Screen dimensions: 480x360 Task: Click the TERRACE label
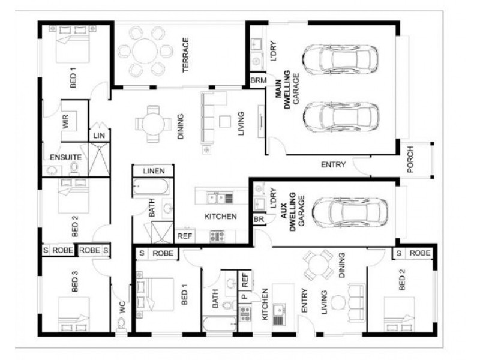[x=185, y=55]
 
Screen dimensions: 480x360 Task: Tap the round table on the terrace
[x=145, y=51]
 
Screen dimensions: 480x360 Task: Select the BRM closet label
[x=259, y=80]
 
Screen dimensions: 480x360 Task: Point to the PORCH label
[x=410, y=159]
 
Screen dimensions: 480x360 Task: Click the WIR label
[x=65, y=121]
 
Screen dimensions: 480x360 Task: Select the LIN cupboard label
[x=99, y=136]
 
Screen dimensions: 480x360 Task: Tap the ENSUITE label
[x=66, y=157]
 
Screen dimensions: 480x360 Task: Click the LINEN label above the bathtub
[x=154, y=171]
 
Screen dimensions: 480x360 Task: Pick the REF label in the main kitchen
[x=185, y=236]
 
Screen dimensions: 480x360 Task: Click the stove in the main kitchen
[x=217, y=236]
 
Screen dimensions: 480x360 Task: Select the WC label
[x=122, y=307]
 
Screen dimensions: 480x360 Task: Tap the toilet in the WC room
[x=122, y=324]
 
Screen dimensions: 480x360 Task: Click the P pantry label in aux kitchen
[x=244, y=296]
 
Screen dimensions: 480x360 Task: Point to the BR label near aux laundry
[x=259, y=220]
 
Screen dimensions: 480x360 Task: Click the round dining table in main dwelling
[x=154, y=124]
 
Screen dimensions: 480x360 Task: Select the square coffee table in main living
[x=225, y=122]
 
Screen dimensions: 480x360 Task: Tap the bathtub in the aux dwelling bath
[x=220, y=324]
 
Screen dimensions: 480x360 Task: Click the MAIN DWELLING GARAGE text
[x=287, y=89]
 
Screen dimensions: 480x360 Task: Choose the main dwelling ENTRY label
[x=333, y=164]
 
